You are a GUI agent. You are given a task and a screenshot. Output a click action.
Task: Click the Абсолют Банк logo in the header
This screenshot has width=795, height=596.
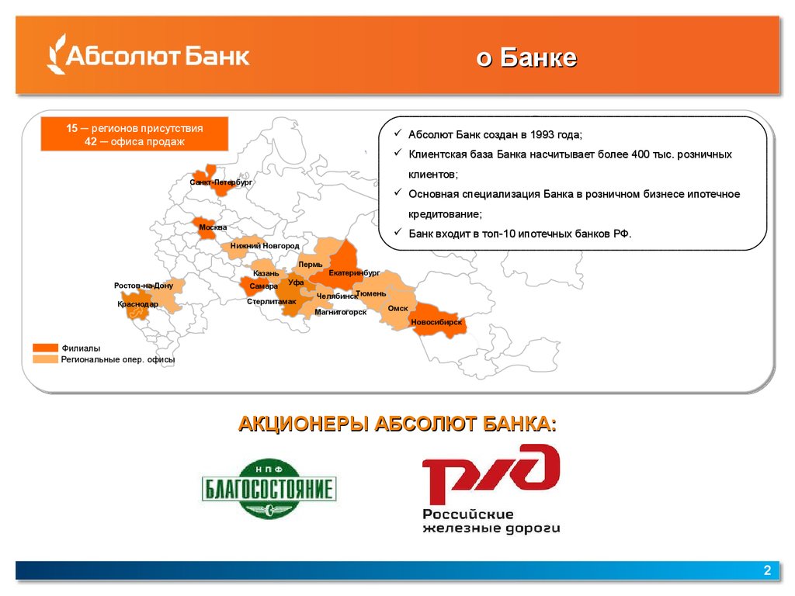(148, 55)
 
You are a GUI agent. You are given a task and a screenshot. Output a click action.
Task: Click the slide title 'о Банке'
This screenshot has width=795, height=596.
(526, 57)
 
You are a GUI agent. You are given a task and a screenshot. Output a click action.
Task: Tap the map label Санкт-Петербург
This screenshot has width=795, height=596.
(220, 182)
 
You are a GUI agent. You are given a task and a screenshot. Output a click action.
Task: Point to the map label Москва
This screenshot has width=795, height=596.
(213, 227)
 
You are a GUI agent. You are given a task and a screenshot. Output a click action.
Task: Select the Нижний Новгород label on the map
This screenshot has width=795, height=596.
(265, 246)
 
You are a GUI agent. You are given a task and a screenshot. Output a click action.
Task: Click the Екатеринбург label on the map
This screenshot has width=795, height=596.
(354, 272)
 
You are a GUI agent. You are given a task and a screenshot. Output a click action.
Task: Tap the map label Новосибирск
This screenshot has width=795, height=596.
(436, 322)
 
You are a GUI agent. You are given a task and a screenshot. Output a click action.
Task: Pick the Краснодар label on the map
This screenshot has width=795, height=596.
(137, 304)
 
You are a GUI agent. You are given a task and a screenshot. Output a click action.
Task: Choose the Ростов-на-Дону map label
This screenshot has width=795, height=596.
(144, 286)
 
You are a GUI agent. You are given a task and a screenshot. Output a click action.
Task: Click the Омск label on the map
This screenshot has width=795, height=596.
(397, 308)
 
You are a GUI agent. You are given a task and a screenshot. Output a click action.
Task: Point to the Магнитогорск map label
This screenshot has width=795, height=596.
(340, 312)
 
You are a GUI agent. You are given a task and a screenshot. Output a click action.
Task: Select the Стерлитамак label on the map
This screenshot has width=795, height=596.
(271, 302)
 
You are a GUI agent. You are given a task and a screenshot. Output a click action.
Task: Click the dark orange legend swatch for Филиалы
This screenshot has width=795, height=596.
(45, 348)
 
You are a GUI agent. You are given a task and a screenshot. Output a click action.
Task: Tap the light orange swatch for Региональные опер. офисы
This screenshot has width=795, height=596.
(45, 359)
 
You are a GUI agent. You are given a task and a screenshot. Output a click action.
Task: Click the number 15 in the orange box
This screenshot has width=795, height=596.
(72, 128)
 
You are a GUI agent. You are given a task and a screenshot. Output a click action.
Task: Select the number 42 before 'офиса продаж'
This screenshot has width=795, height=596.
(91, 141)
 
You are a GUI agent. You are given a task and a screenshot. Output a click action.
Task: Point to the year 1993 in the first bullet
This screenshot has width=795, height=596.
(541, 134)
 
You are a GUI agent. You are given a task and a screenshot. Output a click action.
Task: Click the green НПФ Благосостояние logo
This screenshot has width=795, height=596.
(269, 489)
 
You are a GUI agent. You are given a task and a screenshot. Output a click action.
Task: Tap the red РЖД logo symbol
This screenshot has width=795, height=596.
(491, 473)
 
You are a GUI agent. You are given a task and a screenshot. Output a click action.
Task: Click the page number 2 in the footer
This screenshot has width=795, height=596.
(767, 570)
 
